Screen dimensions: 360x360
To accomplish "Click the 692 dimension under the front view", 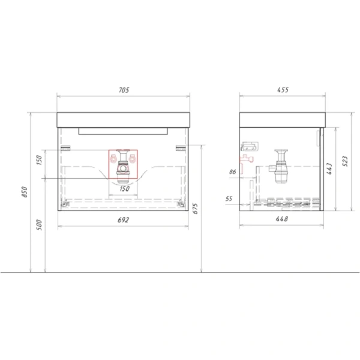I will pos(124,220).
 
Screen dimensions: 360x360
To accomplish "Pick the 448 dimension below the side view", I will pos(282,220).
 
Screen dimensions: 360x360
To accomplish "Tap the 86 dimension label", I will pos(232,172).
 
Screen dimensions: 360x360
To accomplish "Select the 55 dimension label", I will pos(229,198).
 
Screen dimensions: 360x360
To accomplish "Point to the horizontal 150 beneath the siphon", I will pos(124,188).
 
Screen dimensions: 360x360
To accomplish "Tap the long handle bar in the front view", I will pos(124,130).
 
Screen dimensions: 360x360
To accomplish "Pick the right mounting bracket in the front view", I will pos(179,148).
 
